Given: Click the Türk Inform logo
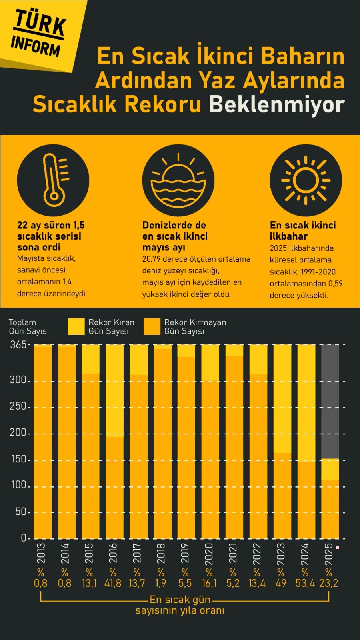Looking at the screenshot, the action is click(38, 33).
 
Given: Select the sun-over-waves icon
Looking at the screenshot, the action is click(178, 180).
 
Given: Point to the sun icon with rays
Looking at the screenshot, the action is click(306, 180).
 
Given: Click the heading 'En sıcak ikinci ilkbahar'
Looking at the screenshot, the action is click(303, 230).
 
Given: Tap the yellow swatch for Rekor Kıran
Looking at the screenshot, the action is click(76, 326).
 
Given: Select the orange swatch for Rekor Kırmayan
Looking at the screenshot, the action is click(152, 326).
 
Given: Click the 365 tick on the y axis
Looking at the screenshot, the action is click(18, 344).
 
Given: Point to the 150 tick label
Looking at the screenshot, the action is click(19, 459).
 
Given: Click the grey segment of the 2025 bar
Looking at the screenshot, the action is click(330, 402).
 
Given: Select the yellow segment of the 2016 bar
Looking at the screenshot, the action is click(114, 390).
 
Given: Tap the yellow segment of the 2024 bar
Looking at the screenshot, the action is click(306, 403).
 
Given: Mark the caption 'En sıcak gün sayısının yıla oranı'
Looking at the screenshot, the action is click(180, 605).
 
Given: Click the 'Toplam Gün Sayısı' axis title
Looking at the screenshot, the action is click(29, 326).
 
